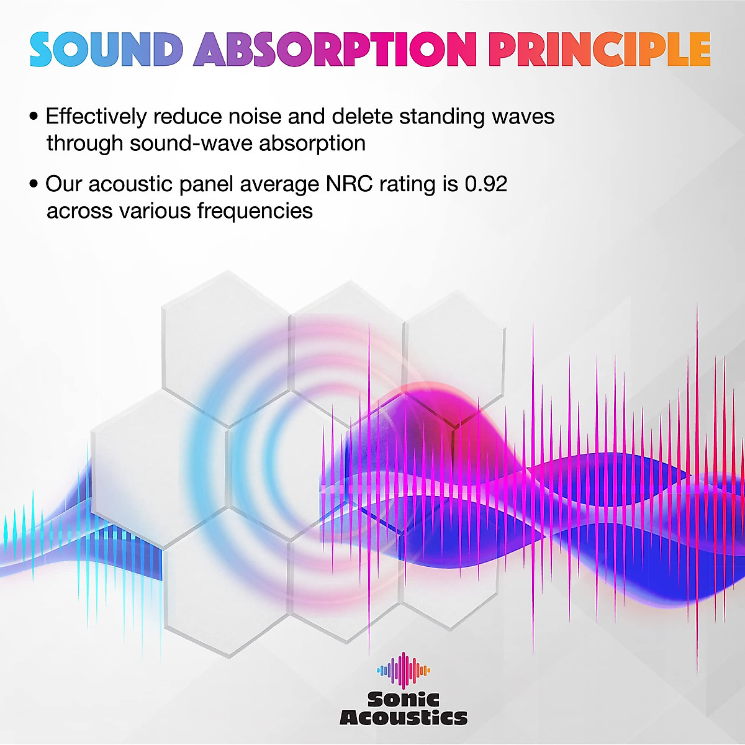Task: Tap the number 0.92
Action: [486, 184]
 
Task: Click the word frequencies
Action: [255, 211]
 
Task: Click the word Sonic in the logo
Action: [404, 700]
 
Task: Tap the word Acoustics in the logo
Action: [404, 718]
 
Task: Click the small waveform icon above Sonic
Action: [404, 670]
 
